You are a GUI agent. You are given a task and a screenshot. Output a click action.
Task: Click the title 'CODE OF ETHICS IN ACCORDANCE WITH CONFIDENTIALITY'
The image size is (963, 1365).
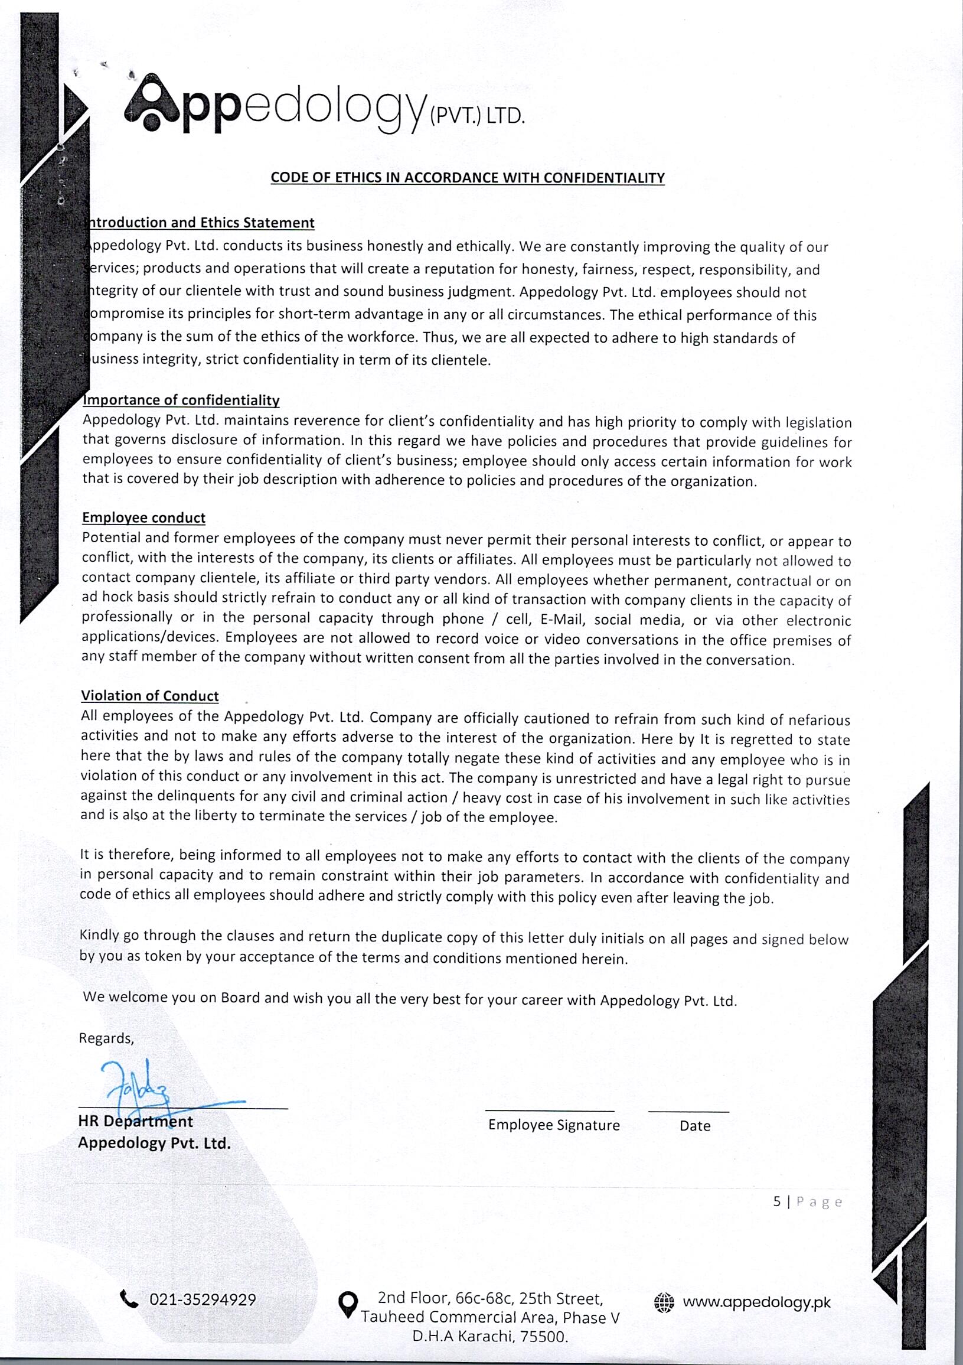[x=467, y=178]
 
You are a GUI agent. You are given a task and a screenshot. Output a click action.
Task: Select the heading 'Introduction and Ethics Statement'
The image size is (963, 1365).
[x=201, y=223]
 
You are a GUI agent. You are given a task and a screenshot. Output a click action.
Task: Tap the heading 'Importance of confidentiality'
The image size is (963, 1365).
[x=181, y=400]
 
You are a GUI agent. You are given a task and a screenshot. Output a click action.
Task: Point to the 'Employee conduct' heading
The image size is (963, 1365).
[x=144, y=518]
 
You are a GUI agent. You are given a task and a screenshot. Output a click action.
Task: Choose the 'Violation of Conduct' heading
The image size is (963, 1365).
[x=150, y=696]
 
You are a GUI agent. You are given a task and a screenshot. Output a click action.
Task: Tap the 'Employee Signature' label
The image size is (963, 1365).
[x=553, y=1125]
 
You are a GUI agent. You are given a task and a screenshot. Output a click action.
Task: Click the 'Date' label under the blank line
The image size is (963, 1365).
[x=695, y=1126]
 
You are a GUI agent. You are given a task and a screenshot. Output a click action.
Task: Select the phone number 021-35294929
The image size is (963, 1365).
[x=203, y=1299]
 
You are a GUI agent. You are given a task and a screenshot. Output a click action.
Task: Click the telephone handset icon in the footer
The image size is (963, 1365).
[x=129, y=1299]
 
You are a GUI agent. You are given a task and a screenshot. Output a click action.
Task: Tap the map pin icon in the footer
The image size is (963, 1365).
[x=348, y=1304]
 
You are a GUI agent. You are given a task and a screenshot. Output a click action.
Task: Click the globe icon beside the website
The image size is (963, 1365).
[x=664, y=1302]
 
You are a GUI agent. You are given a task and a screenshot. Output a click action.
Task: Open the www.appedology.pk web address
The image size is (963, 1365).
[x=756, y=1302]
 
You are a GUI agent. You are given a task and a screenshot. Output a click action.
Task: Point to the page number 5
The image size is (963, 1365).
[x=776, y=1201]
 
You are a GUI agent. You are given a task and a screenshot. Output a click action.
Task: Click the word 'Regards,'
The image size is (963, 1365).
[x=106, y=1038]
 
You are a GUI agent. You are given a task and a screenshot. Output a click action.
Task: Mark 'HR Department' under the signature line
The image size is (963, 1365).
[x=136, y=1121]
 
